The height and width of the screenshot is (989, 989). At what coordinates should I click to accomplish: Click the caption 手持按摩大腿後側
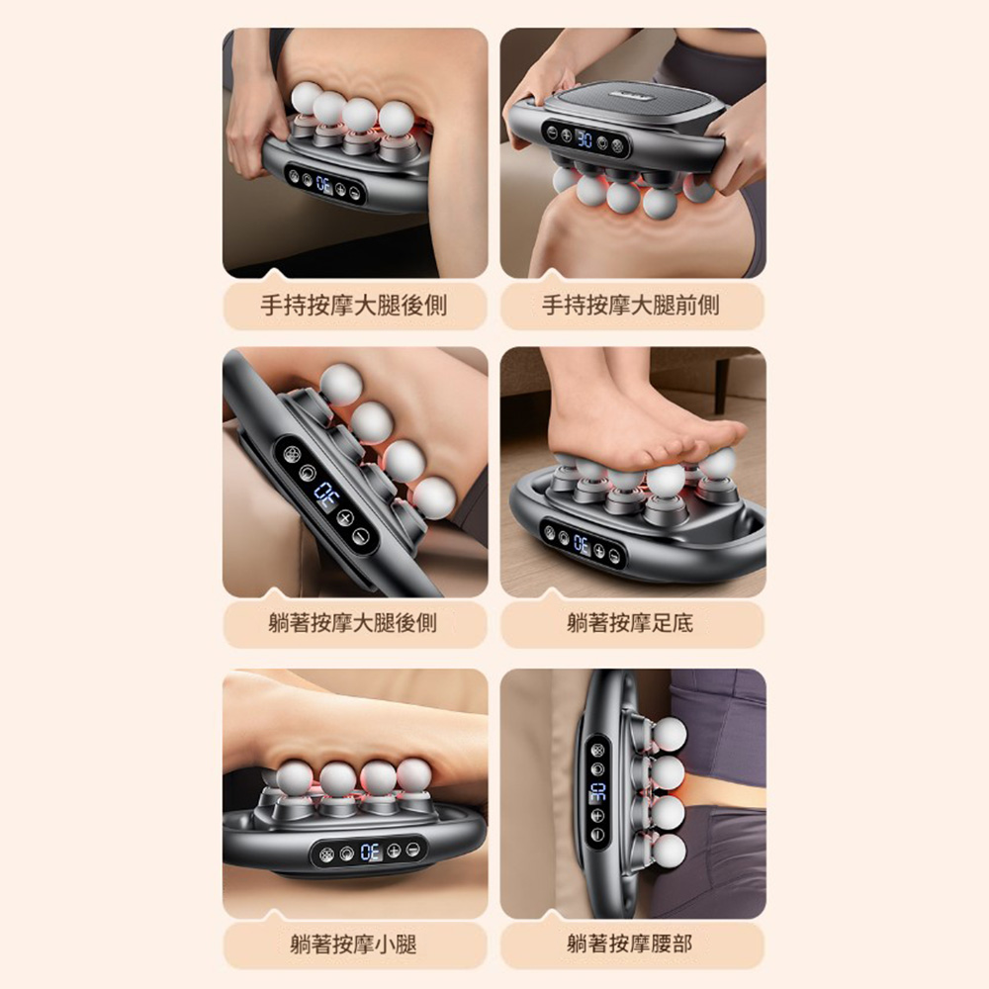(354, 306)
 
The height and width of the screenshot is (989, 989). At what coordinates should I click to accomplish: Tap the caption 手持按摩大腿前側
(631, 306)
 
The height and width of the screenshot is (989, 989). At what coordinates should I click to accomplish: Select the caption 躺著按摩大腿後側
(353, 623)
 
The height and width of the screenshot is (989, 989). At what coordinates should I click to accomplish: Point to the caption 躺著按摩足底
(630, 623)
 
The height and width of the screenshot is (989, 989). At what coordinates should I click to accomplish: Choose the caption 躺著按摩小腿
(353, 944)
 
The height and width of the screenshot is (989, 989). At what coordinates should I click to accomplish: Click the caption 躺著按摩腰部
(630, 944)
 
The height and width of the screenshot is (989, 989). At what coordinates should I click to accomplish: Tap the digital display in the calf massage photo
(370, 853)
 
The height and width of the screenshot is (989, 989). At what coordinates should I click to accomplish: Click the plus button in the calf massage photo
(394, 852)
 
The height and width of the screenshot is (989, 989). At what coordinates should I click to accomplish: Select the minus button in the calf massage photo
(412, 849)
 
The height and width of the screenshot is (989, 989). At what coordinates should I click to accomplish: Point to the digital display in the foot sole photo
(581, 544)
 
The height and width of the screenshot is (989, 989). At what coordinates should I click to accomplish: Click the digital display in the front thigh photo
(584, 138)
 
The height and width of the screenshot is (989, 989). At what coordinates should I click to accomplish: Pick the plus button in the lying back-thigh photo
(344, 518)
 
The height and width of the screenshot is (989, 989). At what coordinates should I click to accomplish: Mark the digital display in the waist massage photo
(597, 792)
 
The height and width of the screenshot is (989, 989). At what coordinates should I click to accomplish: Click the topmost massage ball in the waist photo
(669, 734)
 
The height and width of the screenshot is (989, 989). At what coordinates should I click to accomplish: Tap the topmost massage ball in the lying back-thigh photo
(340, 384)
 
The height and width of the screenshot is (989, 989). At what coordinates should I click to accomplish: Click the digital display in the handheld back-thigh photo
(324, 186)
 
